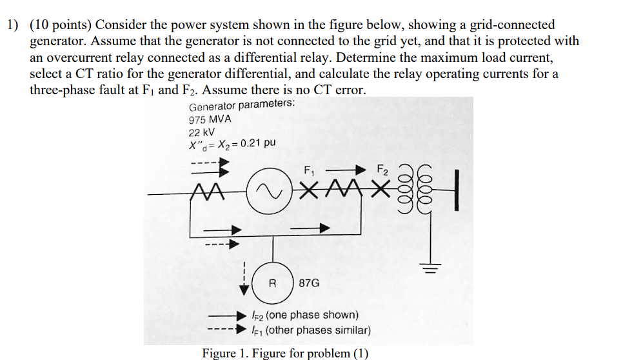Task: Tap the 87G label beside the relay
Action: coord(310,283)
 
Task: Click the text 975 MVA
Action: coord(210,119)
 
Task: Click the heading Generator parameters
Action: coord(242,106)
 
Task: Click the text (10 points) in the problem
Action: coord(63,25)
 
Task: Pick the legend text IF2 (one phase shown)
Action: coord(312,315)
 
